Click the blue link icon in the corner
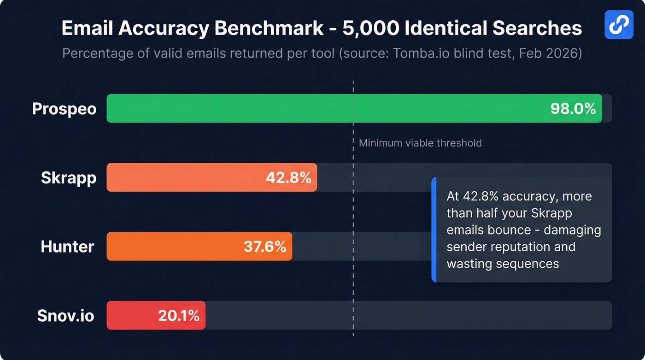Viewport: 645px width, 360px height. [x=619, y=24]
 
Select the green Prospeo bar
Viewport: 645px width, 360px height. [x=322, y=108]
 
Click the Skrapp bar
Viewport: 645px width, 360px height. [x=184, y=177]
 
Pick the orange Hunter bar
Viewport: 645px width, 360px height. [x=175, y=246]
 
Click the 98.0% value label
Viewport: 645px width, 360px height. [x=573, y=109]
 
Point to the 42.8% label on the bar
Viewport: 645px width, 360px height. [x=288, y=177]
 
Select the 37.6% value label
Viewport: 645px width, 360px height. [x=264, y=247]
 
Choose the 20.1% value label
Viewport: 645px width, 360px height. [x=178, y=316]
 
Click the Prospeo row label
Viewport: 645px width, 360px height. [x=64, y=109]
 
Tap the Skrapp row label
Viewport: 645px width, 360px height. [x=69, y=178]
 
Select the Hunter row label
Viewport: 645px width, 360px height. [x=67, y=247]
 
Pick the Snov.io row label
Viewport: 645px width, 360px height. [x=65, y=316]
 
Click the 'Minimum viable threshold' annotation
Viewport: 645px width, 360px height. [x=420, y=143]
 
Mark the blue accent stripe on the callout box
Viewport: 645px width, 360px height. [x=434, y=230]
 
